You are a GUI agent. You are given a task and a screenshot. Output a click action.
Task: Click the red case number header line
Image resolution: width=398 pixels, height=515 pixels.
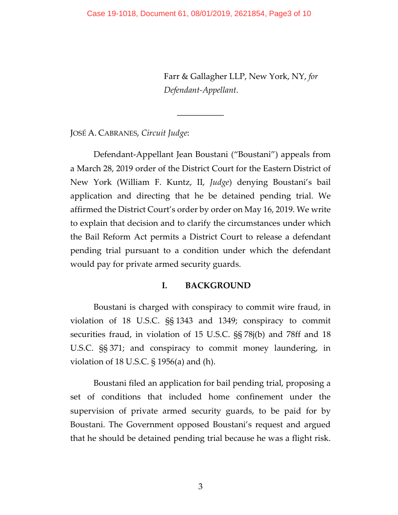(x=199, y=14)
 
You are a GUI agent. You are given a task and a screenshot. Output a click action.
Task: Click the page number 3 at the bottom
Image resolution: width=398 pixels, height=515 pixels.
(x=200, y=486)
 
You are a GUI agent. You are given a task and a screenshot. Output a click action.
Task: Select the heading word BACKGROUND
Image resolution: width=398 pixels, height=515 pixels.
(x=218, y=286)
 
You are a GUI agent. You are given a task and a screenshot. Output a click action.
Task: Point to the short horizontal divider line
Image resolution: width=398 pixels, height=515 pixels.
(x=200, y=116)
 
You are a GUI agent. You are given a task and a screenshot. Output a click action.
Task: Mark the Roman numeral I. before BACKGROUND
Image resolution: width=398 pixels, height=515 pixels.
(x=164, y=286)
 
